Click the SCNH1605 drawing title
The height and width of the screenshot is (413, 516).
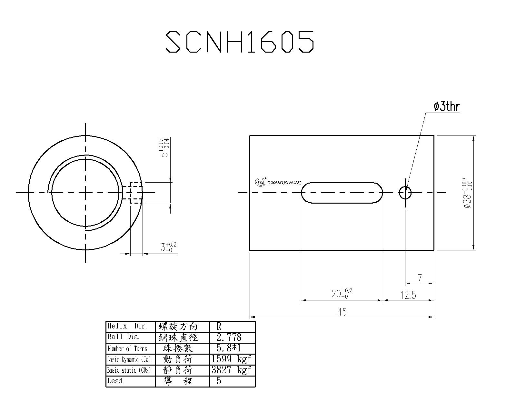coord(240,42)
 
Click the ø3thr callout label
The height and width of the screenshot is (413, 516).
coord(447,106)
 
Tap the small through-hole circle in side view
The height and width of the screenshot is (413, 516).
coord(405,193)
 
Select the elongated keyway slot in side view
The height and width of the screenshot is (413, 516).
coord(342,193)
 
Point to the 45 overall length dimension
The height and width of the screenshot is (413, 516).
coord(342,312)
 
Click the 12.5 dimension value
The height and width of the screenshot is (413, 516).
coord(408,295)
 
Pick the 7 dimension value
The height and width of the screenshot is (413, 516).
coord(420,278)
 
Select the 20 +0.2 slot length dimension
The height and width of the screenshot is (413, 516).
coord(342,293)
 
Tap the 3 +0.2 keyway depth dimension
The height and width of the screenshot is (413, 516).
coord(168,247)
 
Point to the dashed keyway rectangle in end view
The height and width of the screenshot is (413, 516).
coord(135,193)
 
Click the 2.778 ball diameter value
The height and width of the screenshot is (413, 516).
coord(229,337)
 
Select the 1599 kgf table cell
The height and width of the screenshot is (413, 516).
coord(231,359)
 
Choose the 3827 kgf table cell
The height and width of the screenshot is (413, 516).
coord(231,370)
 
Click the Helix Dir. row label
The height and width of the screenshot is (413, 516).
coord(127,326)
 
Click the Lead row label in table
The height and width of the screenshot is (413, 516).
coord(115,381)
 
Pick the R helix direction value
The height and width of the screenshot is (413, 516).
coord(219,326)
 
